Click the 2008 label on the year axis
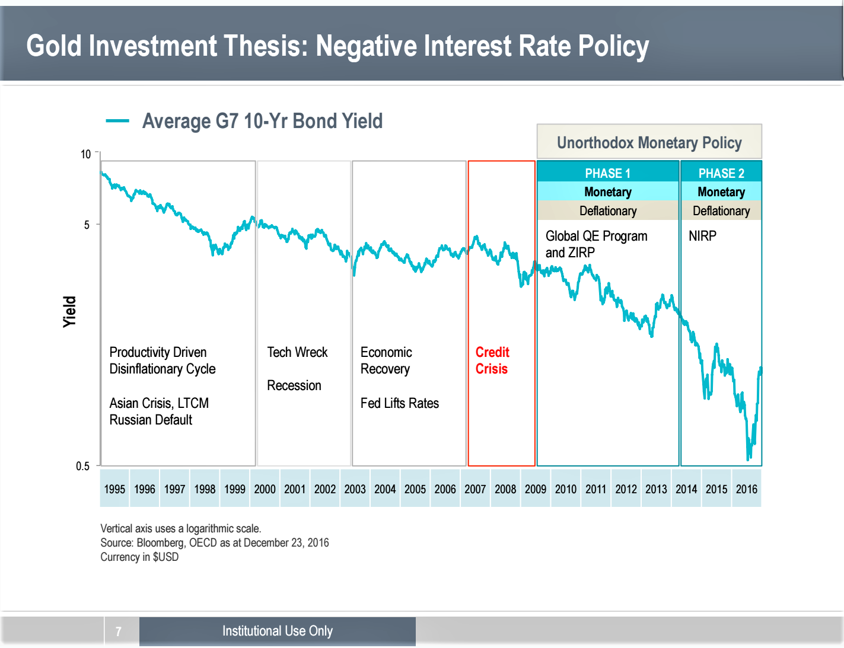[x=505, y=489]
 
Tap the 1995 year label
[x=114, y=489]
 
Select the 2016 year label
[x=746, y=489]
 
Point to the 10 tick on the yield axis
[x=86, y=154]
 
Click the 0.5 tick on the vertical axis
[x=83, y=466]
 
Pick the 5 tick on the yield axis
[x=87, y=225]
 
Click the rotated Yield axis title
[x=70, y=311]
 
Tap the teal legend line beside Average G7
[x=117, y=121]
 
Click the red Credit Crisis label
[x=492, y=360]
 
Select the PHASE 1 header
[x=607, y=173]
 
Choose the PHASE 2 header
[x=721, y=173]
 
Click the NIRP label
[x=702, y=236]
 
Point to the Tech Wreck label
[x=297, y=352]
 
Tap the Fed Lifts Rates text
[x=400, y=403]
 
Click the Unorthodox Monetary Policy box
[x=649, y=142]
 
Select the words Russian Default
[x=151, y=420]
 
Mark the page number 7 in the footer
[x=119, y=631]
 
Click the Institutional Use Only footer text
[x=278, y=631]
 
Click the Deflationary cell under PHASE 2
[x=721, y=211]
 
